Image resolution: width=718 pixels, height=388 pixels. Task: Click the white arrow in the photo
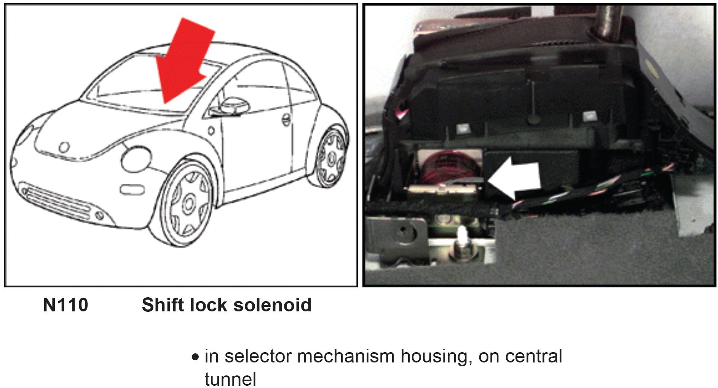pos(516,178)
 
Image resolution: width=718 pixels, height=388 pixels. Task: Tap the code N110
pos(65,305)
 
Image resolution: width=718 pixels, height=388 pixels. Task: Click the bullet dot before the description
pos(195,358)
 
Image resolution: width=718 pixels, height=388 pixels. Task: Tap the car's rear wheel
pos(330,158)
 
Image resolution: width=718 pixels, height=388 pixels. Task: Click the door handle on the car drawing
pos(286,120)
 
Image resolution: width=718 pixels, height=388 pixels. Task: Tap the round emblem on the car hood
pos(64,147)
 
